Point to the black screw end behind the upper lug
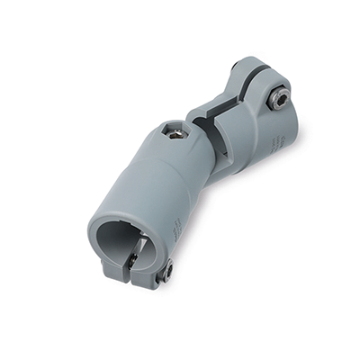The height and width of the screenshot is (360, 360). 236,67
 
